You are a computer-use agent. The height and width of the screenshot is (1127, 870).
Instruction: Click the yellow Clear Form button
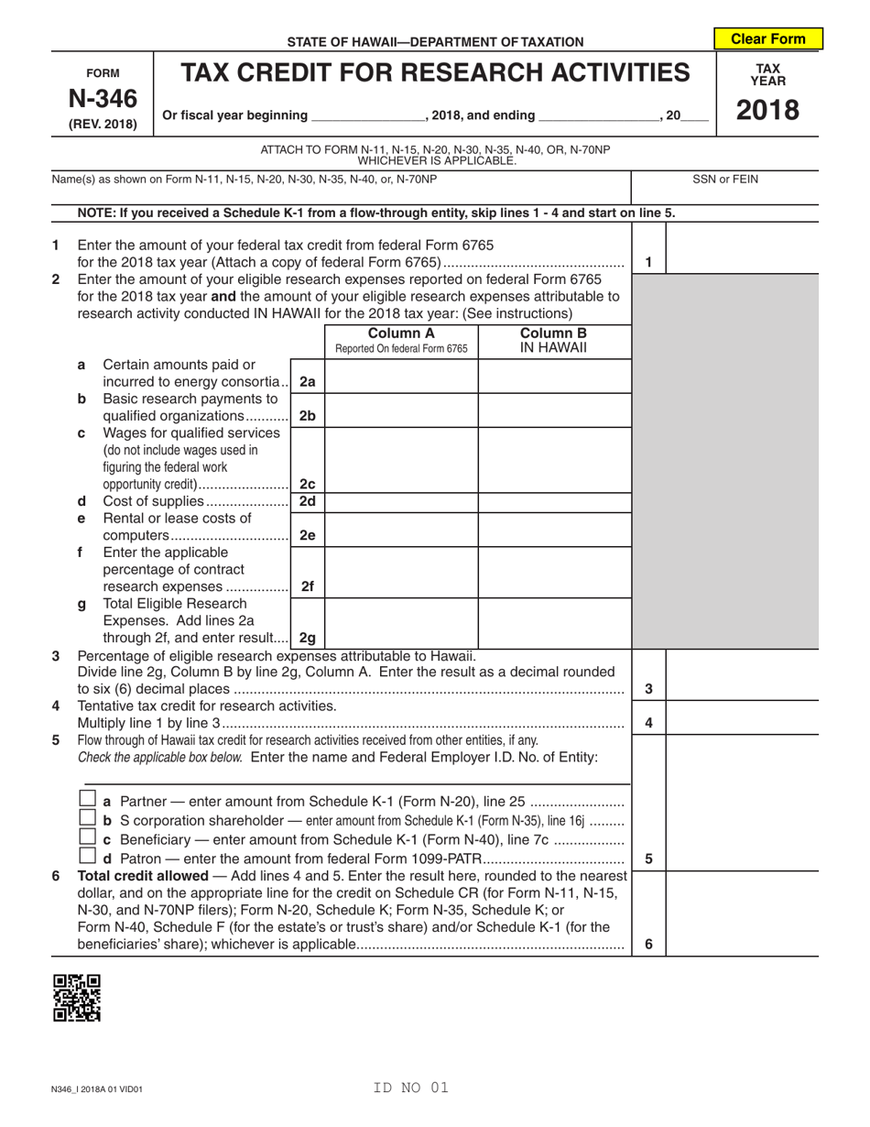[x=767, y=38]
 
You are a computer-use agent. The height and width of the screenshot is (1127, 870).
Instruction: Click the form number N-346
[x=103, y=97]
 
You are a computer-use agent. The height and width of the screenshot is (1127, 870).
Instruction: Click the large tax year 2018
[x=767, y=110]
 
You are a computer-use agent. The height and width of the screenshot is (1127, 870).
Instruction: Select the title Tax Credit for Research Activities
[x=435, y=72]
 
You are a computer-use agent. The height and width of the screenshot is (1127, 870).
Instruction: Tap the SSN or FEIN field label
[x=724, y=180]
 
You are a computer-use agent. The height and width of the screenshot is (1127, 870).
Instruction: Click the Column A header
[x=401, y=340]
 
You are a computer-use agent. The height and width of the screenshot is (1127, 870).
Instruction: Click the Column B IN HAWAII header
[x=553, y=340]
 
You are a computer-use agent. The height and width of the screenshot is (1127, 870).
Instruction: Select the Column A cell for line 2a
[x=401, y=376]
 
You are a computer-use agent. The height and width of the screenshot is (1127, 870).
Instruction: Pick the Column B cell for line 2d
[x=553, y=502]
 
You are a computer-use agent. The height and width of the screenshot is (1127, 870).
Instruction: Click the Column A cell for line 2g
[x=401, y=623]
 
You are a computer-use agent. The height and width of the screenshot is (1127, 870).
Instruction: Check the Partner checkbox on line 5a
[x=88, y=799]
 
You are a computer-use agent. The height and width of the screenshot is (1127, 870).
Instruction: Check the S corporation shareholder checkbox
[x=88, y=818]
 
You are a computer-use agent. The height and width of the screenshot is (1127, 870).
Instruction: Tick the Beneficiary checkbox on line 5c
[x=88, y=837]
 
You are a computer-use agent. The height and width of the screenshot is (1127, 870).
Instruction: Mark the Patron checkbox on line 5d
[x=88, y=858]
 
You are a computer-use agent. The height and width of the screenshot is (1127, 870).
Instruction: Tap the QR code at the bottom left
[x=77, y=998]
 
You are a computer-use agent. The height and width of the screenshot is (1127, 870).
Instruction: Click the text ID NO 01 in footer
[x=411, y=1088]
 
